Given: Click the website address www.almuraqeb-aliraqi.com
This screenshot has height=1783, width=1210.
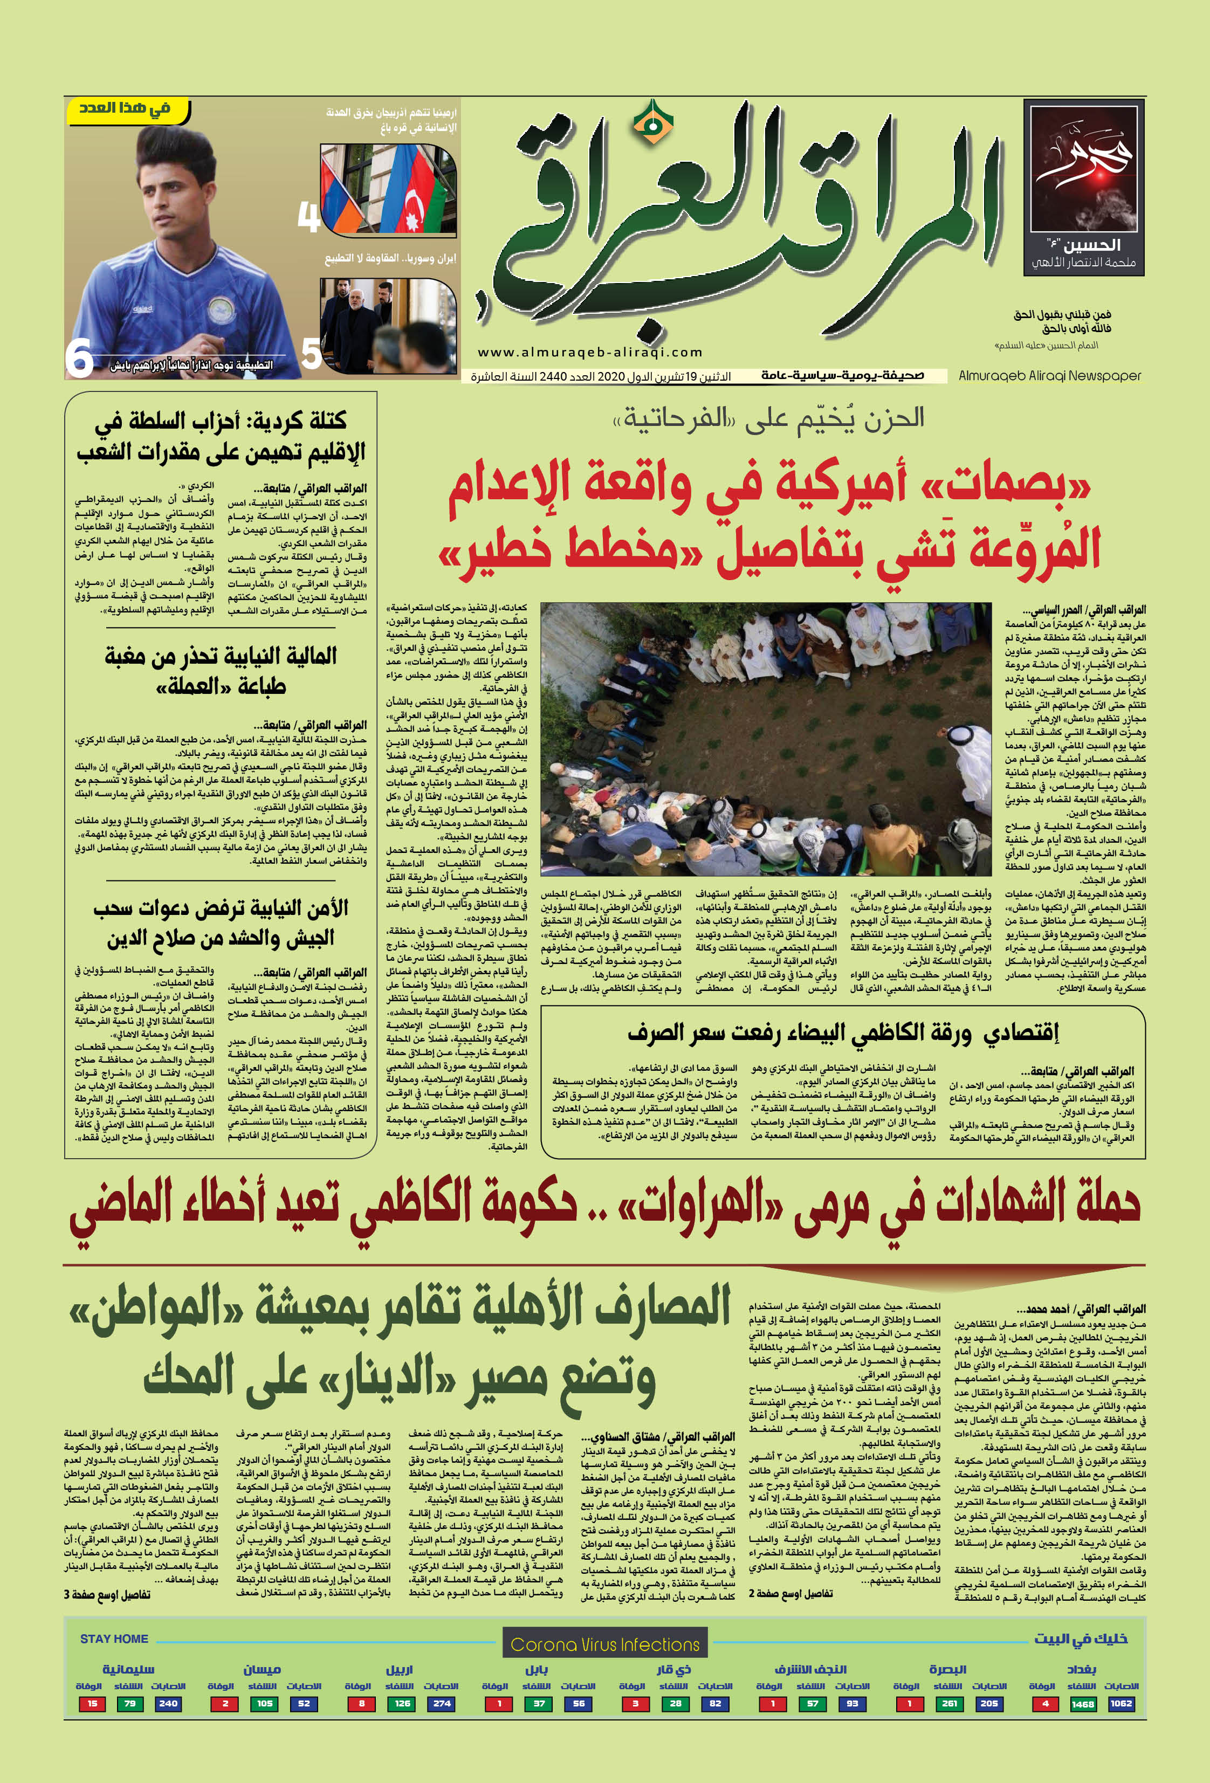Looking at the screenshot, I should click(x=589, y=352).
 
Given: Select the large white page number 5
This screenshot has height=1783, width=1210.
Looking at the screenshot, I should click(x=311, y=354).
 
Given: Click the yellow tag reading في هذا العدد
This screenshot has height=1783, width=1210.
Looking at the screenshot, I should click(x=127, y=109).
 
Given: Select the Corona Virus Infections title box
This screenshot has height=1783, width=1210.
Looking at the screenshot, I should click(x=604, y=1644).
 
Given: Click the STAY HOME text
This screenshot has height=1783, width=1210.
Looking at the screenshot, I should click(x=114, y=1639).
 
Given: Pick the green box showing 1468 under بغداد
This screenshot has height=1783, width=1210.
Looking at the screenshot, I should click(x=1082, y=1704).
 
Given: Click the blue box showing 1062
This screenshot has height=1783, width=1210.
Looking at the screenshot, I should click(x=1120, y=1704).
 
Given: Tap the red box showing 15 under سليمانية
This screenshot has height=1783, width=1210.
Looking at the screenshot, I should click(x=92, y=1704).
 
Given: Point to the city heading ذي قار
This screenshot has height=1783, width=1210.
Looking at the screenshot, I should click(x=673, y=1669).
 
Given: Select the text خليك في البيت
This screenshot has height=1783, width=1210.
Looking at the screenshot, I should click(x=1081, y=1639).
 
